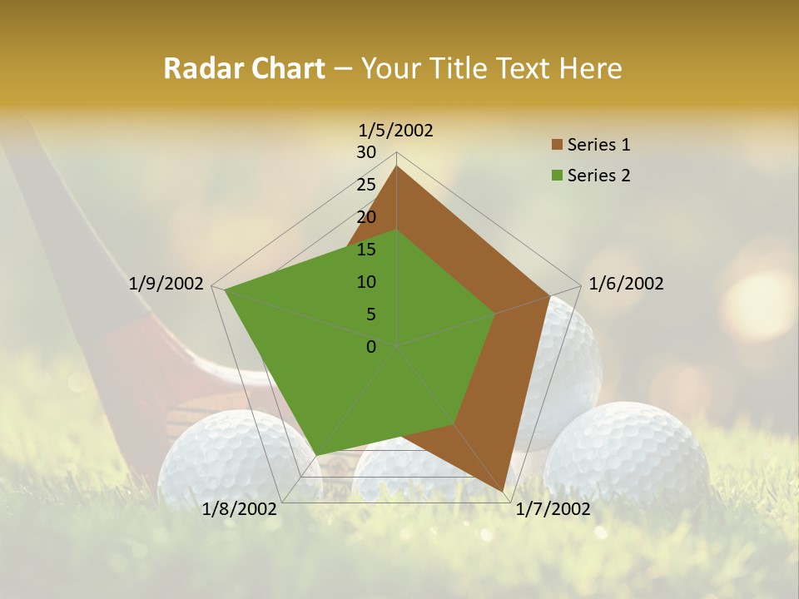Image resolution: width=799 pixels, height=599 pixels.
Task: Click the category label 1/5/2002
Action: (396, 131)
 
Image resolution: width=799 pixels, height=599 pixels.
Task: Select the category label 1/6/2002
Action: (626, 284)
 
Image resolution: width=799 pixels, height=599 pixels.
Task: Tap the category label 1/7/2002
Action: (553, 509)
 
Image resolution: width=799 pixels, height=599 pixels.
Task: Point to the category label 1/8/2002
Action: (240, 509)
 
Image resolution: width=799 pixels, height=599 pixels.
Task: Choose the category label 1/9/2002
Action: (166, 284)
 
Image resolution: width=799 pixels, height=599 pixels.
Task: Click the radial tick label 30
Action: (366, 152)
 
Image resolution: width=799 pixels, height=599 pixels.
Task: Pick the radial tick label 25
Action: (366, 185)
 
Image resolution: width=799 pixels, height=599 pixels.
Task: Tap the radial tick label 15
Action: (366, 250)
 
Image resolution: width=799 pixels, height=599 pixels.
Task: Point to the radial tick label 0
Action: (371, 347)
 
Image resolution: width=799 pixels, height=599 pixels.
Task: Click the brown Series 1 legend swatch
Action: (557, 145)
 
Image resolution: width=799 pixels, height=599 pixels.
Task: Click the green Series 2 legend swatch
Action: (557, 176)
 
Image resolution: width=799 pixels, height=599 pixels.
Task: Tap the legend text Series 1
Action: (598, 145)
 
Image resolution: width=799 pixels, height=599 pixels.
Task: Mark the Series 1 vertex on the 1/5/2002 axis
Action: (396, 166)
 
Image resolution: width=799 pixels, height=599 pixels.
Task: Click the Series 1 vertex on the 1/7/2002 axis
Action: (504, 491)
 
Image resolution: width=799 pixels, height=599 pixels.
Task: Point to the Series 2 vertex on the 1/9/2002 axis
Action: (225, 290)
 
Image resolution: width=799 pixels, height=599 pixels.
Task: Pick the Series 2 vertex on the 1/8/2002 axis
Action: (317, 455)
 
